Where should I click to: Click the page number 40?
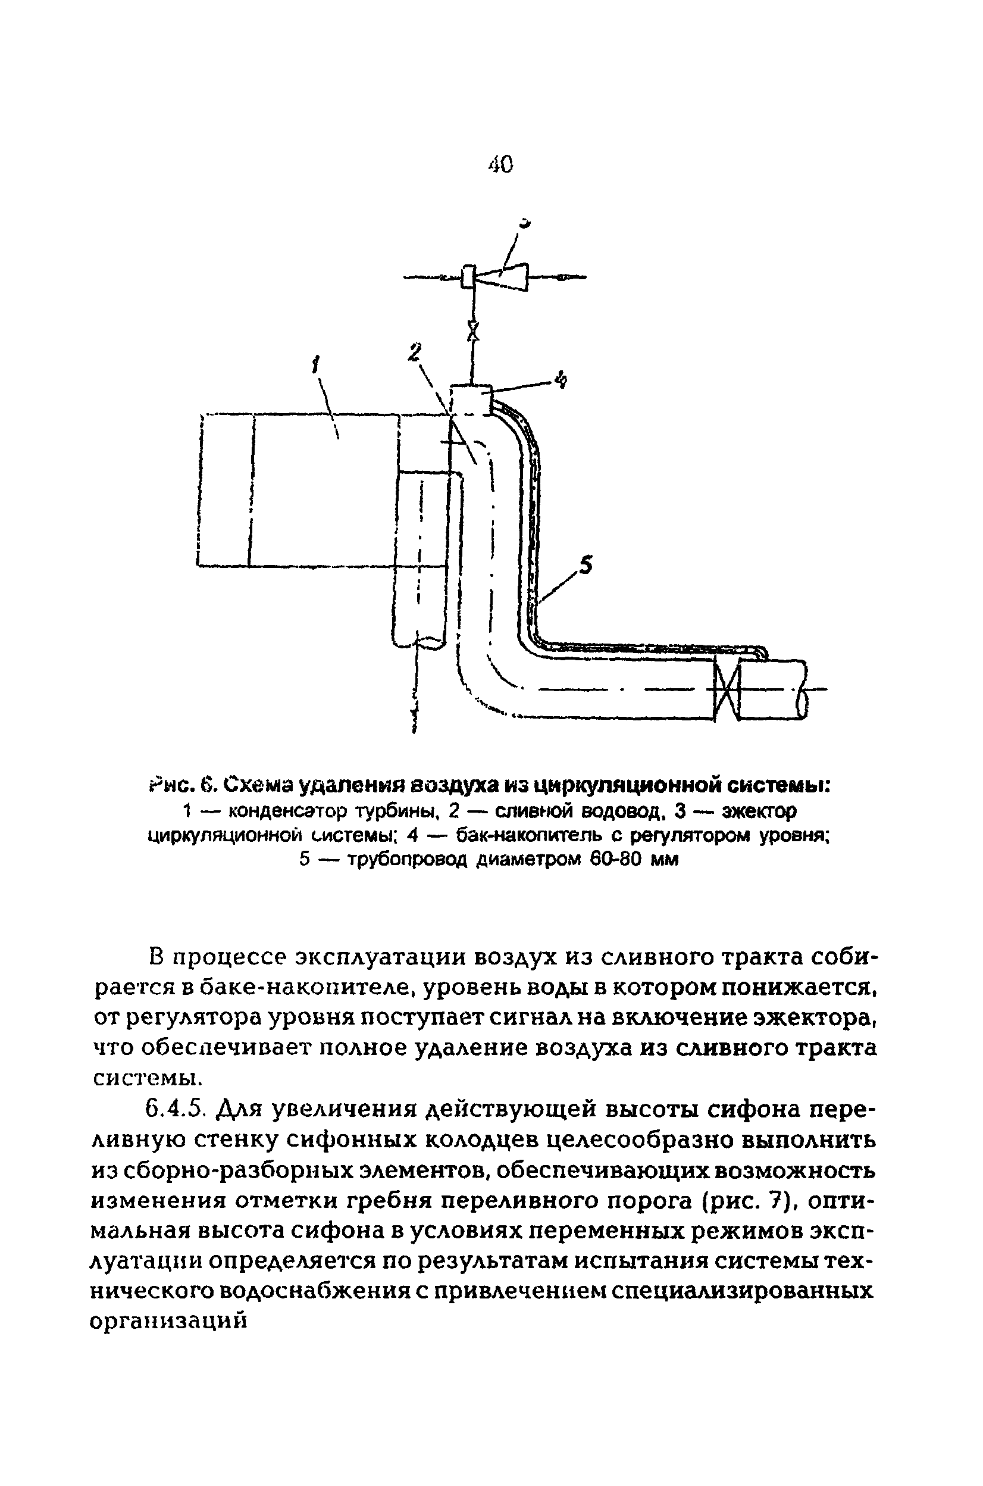pyautogui.click(x=500, y=164)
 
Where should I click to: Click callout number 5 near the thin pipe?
pyautogui.click(x=585, y=565)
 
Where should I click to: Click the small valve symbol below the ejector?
pyautogui.click(x=475, y=330)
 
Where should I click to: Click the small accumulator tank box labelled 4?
pyautogui.click(x=471, y=399)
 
